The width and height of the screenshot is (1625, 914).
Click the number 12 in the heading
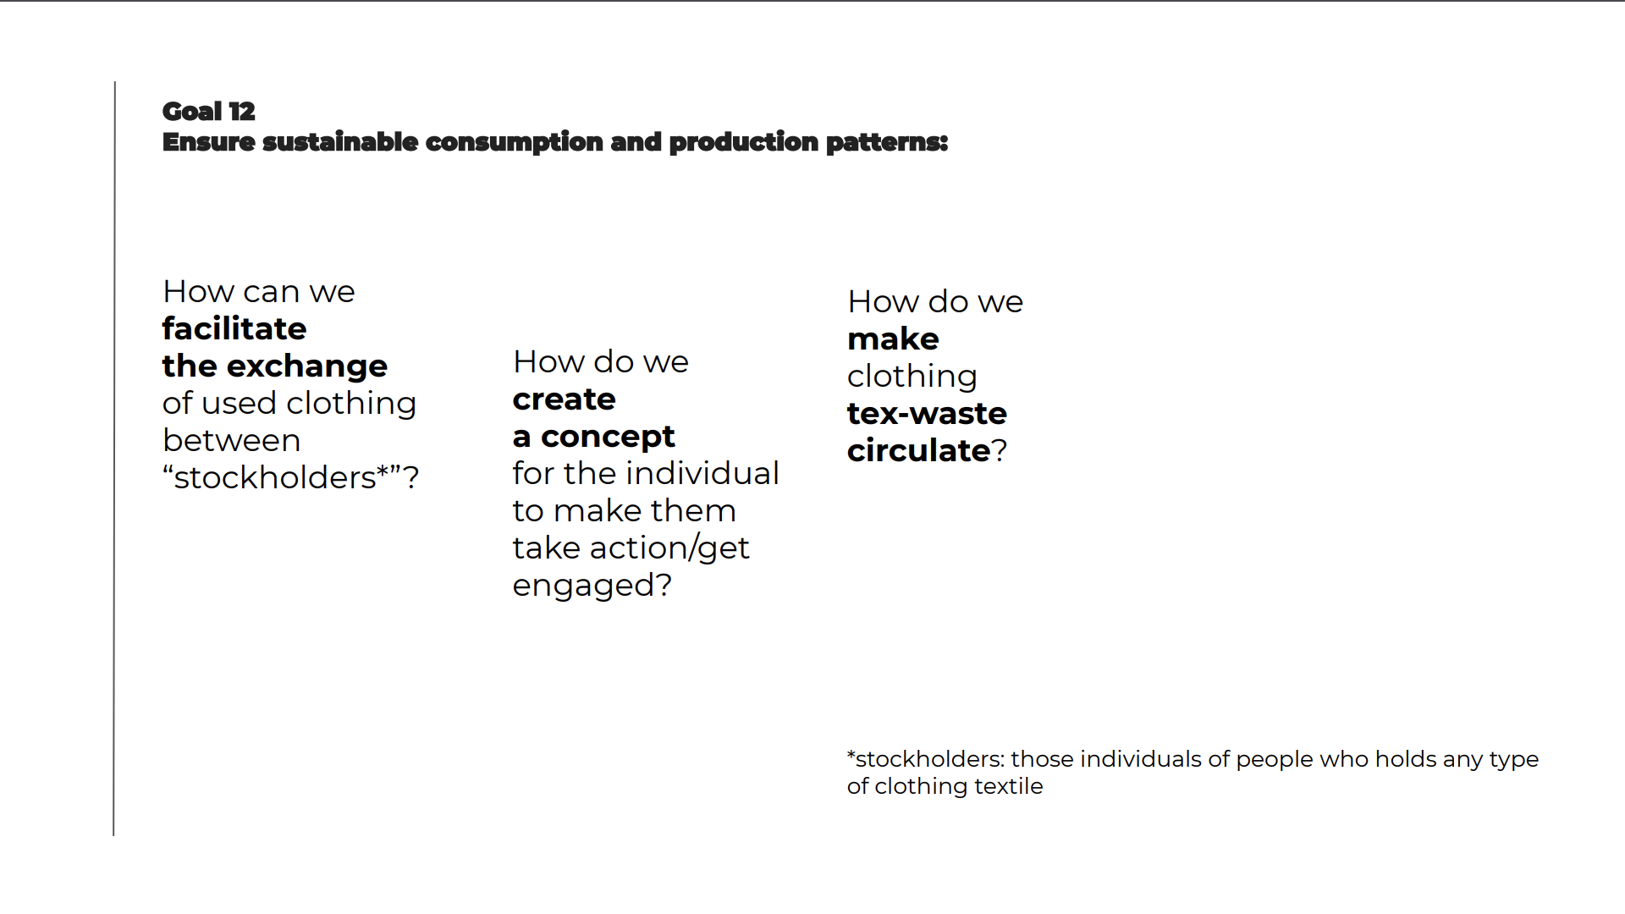241,112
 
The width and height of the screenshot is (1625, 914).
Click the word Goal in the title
192,112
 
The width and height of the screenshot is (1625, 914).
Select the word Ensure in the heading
208,142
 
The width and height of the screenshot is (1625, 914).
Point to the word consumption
514,143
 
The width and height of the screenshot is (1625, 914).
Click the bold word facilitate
234,328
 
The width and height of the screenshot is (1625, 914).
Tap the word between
231,440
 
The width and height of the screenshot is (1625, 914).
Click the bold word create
564,399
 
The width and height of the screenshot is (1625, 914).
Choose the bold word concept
608,438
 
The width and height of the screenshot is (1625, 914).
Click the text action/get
669,548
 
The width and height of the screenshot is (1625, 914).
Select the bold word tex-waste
927,414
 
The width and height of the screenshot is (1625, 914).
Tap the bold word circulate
918,450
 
